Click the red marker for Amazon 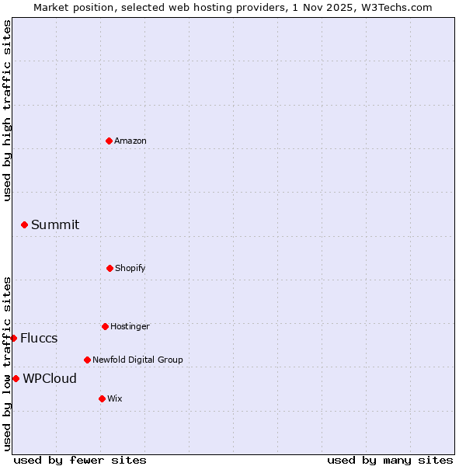click(109, 141)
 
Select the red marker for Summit click(24, 224)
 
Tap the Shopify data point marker click(110, 268)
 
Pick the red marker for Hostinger click(105, 326)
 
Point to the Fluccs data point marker click(13, 338)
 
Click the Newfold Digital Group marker click(87, 360)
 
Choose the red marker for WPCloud click(16, 378)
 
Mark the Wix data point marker click(102, 398)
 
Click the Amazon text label click(130, 141)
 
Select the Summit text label click(55, 224)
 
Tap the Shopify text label click(130, 268)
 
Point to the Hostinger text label click(130, 326)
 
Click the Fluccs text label click(39, 338)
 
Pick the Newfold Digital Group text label click(137, 360)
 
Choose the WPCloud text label click(50, 378)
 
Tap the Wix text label click(115, 398)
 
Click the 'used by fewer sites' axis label click(80, 460)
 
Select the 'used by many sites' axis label click(390, 460)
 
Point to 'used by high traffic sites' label click(7, 111)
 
